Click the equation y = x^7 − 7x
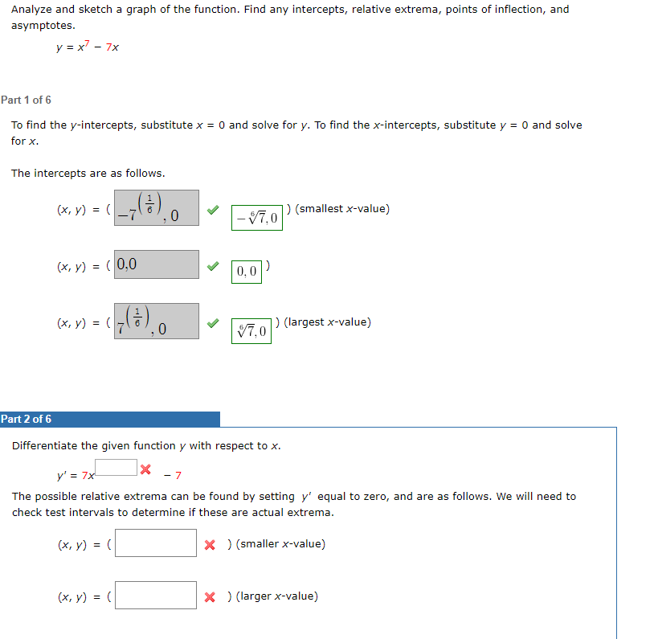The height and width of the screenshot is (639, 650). click(x=88, y=47)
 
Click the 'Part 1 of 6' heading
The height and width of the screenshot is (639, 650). click(x=27, y=100)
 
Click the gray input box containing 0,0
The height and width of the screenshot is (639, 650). click(x=157, y=264)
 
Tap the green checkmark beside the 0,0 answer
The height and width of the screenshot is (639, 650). click(x=212, y=264)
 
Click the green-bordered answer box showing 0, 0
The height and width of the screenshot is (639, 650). click(x=247, y=272)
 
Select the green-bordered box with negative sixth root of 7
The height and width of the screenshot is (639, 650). click(x=257, y=218)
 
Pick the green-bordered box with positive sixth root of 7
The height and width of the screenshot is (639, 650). click(x=253, y=330)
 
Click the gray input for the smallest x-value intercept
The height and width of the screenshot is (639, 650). click(x=157, y=208)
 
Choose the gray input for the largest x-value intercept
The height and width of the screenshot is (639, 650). click(x=157, y=322)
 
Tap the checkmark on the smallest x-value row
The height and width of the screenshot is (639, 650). click(x=212, y=209)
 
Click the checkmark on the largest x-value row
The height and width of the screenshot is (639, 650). click(x=212, y=322)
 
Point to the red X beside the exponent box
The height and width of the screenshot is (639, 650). click(x=145, y=469)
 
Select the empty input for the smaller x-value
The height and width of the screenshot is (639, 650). click(x=157, y=543)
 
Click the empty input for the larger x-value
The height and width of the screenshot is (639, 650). click(x=157, y=596)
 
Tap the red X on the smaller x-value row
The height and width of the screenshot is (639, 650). click(x=210, y=544)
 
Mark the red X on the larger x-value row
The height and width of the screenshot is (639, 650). click(x=210, y=596)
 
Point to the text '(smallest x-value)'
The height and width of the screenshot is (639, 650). click(x=342, y=209)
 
